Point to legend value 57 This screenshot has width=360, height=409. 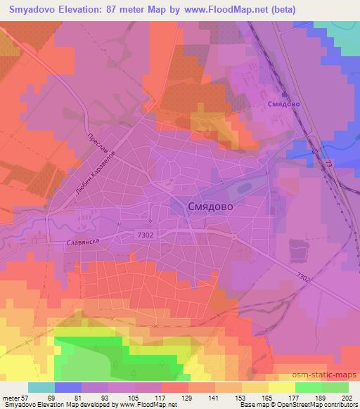point(32,397)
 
